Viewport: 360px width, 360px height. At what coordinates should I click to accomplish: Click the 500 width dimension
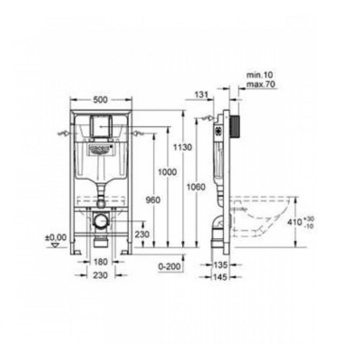click(100, 100)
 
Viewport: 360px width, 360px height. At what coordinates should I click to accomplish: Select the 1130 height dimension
click(182, 147)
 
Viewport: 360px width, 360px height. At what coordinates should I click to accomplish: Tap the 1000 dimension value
click(168, 172)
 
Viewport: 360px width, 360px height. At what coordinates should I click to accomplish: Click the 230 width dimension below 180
click(101, 275)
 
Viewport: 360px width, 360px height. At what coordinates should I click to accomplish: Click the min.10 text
click(260, 75)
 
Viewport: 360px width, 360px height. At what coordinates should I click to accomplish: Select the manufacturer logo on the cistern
click(99, 150)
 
